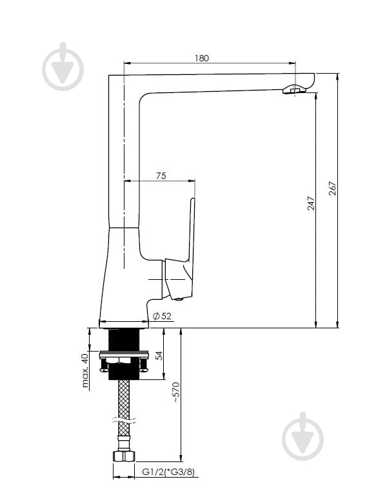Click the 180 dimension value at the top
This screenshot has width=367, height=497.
[201, 58]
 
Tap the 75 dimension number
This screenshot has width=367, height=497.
[161, 176]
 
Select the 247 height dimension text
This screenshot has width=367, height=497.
[311, 203]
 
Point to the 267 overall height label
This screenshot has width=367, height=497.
[333, 188]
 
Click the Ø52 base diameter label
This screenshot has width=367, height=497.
[162, 315]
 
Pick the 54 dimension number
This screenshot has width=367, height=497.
[159, 355]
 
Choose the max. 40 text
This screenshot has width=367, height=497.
[85, 370]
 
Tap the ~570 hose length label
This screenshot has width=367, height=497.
[176, 392]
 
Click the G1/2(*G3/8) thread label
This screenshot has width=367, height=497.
[168, 472]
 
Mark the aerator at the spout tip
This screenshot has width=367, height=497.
[294, 89]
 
